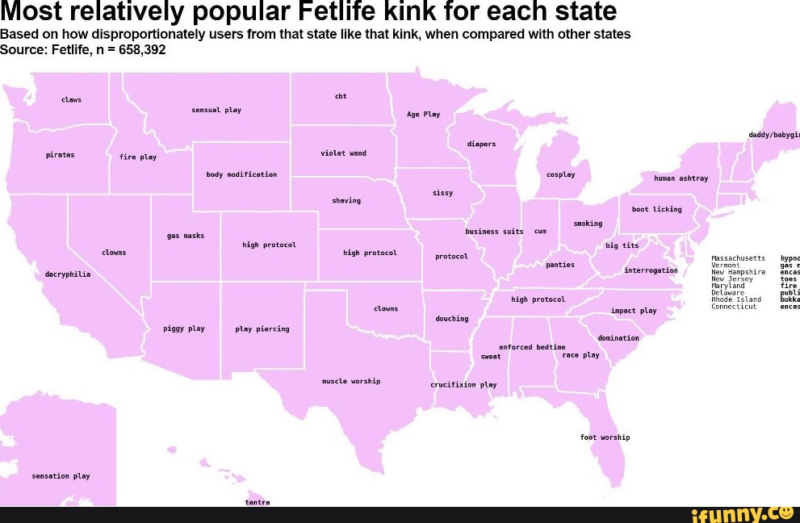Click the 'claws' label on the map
(x=71, y=100)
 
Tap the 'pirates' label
(x=60, y=155)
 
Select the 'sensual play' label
(x=216, y=110)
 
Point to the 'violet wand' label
(x=343, y=153)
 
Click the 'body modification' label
(x=241, y=174)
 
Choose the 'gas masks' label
(x=186, y=236)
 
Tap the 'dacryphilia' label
(x=68, y=274)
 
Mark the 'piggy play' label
(x=184, y=328)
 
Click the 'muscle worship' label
(x=351, y=381)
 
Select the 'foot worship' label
(x=605, y=437)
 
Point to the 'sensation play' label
(x=61, y=476)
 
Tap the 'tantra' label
(x=258, y=502)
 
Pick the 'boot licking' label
(x=656, y=209)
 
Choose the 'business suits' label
(x=494, y=232)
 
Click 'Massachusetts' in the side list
(x=738, y=257)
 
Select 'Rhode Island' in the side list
(x=736, y=299)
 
